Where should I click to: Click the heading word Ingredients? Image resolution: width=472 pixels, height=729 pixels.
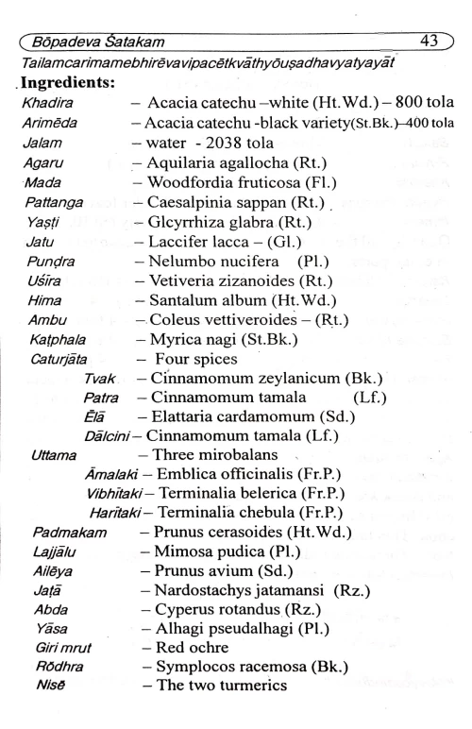[x=65, y=84]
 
